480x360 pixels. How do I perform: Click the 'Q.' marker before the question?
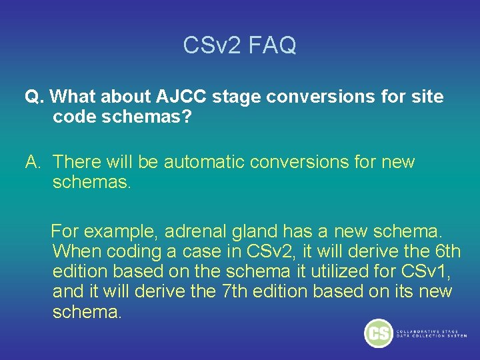(x=34, y=97)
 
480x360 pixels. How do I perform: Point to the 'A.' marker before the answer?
(x=34, y=162)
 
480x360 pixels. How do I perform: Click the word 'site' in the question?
(x=427, y=97)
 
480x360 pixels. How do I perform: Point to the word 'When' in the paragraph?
(x=73, y=251)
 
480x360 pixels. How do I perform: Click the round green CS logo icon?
(x=379, y=333)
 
